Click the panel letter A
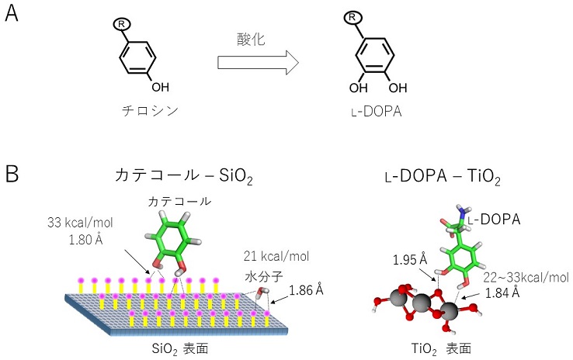point(12,15)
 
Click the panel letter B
point(12,175)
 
